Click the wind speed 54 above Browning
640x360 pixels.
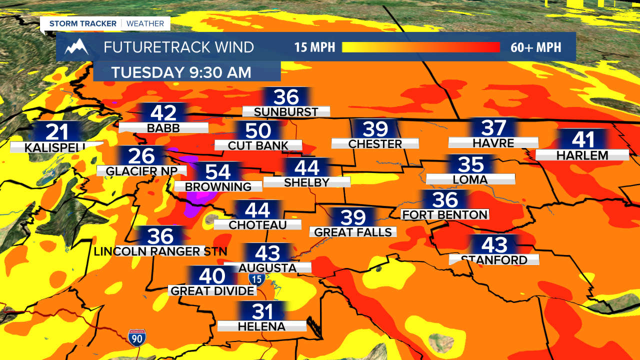(218, 172)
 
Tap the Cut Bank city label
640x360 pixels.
(258, 145)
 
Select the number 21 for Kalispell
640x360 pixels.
(56, 132)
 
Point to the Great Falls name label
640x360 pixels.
(353, 232)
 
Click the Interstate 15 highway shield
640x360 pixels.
(257, 279)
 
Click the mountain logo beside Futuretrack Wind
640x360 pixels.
(76, 47)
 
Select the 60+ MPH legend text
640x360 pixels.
(536, 47)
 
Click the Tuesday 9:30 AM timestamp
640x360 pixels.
(181, 72)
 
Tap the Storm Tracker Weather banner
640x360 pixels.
(106, 23)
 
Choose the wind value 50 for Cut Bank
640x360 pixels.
(258, 131)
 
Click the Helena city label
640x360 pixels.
(261, 326)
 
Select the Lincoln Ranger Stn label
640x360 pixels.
(160, 251)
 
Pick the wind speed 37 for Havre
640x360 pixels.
(494, 128)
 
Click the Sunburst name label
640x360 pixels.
(286, 112)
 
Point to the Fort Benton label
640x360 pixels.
(445, 214)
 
